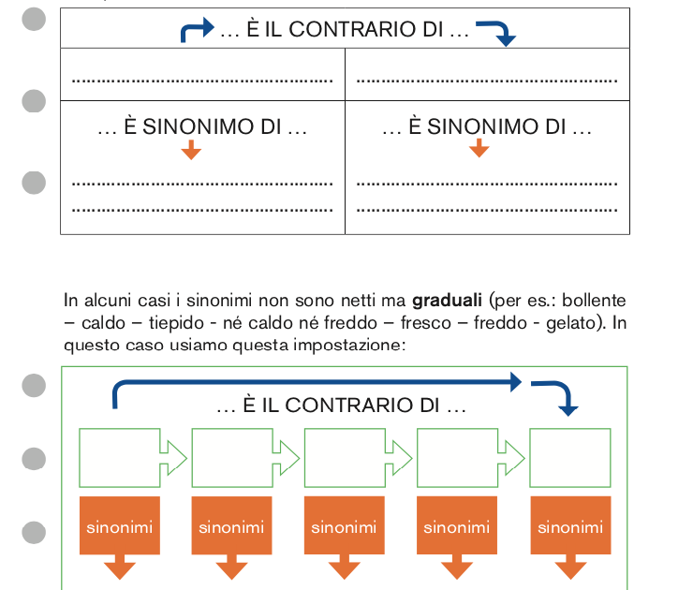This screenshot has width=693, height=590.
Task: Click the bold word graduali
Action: tap(447, 302)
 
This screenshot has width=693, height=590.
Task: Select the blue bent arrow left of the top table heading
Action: tap(196, 31)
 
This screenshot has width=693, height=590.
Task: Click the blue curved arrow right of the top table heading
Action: tap(496, 33)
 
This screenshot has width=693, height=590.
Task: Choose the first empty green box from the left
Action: tap(119, 457)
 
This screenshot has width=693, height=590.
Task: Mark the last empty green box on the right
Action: tap(569, 457)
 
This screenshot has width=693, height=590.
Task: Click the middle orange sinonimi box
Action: tap(344, 527)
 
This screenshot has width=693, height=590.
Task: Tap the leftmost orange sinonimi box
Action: tap(119, 527)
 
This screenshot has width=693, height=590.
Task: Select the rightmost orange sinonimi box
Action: tap(569, 527)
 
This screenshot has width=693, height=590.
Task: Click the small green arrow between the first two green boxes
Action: tap(174, 457)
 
